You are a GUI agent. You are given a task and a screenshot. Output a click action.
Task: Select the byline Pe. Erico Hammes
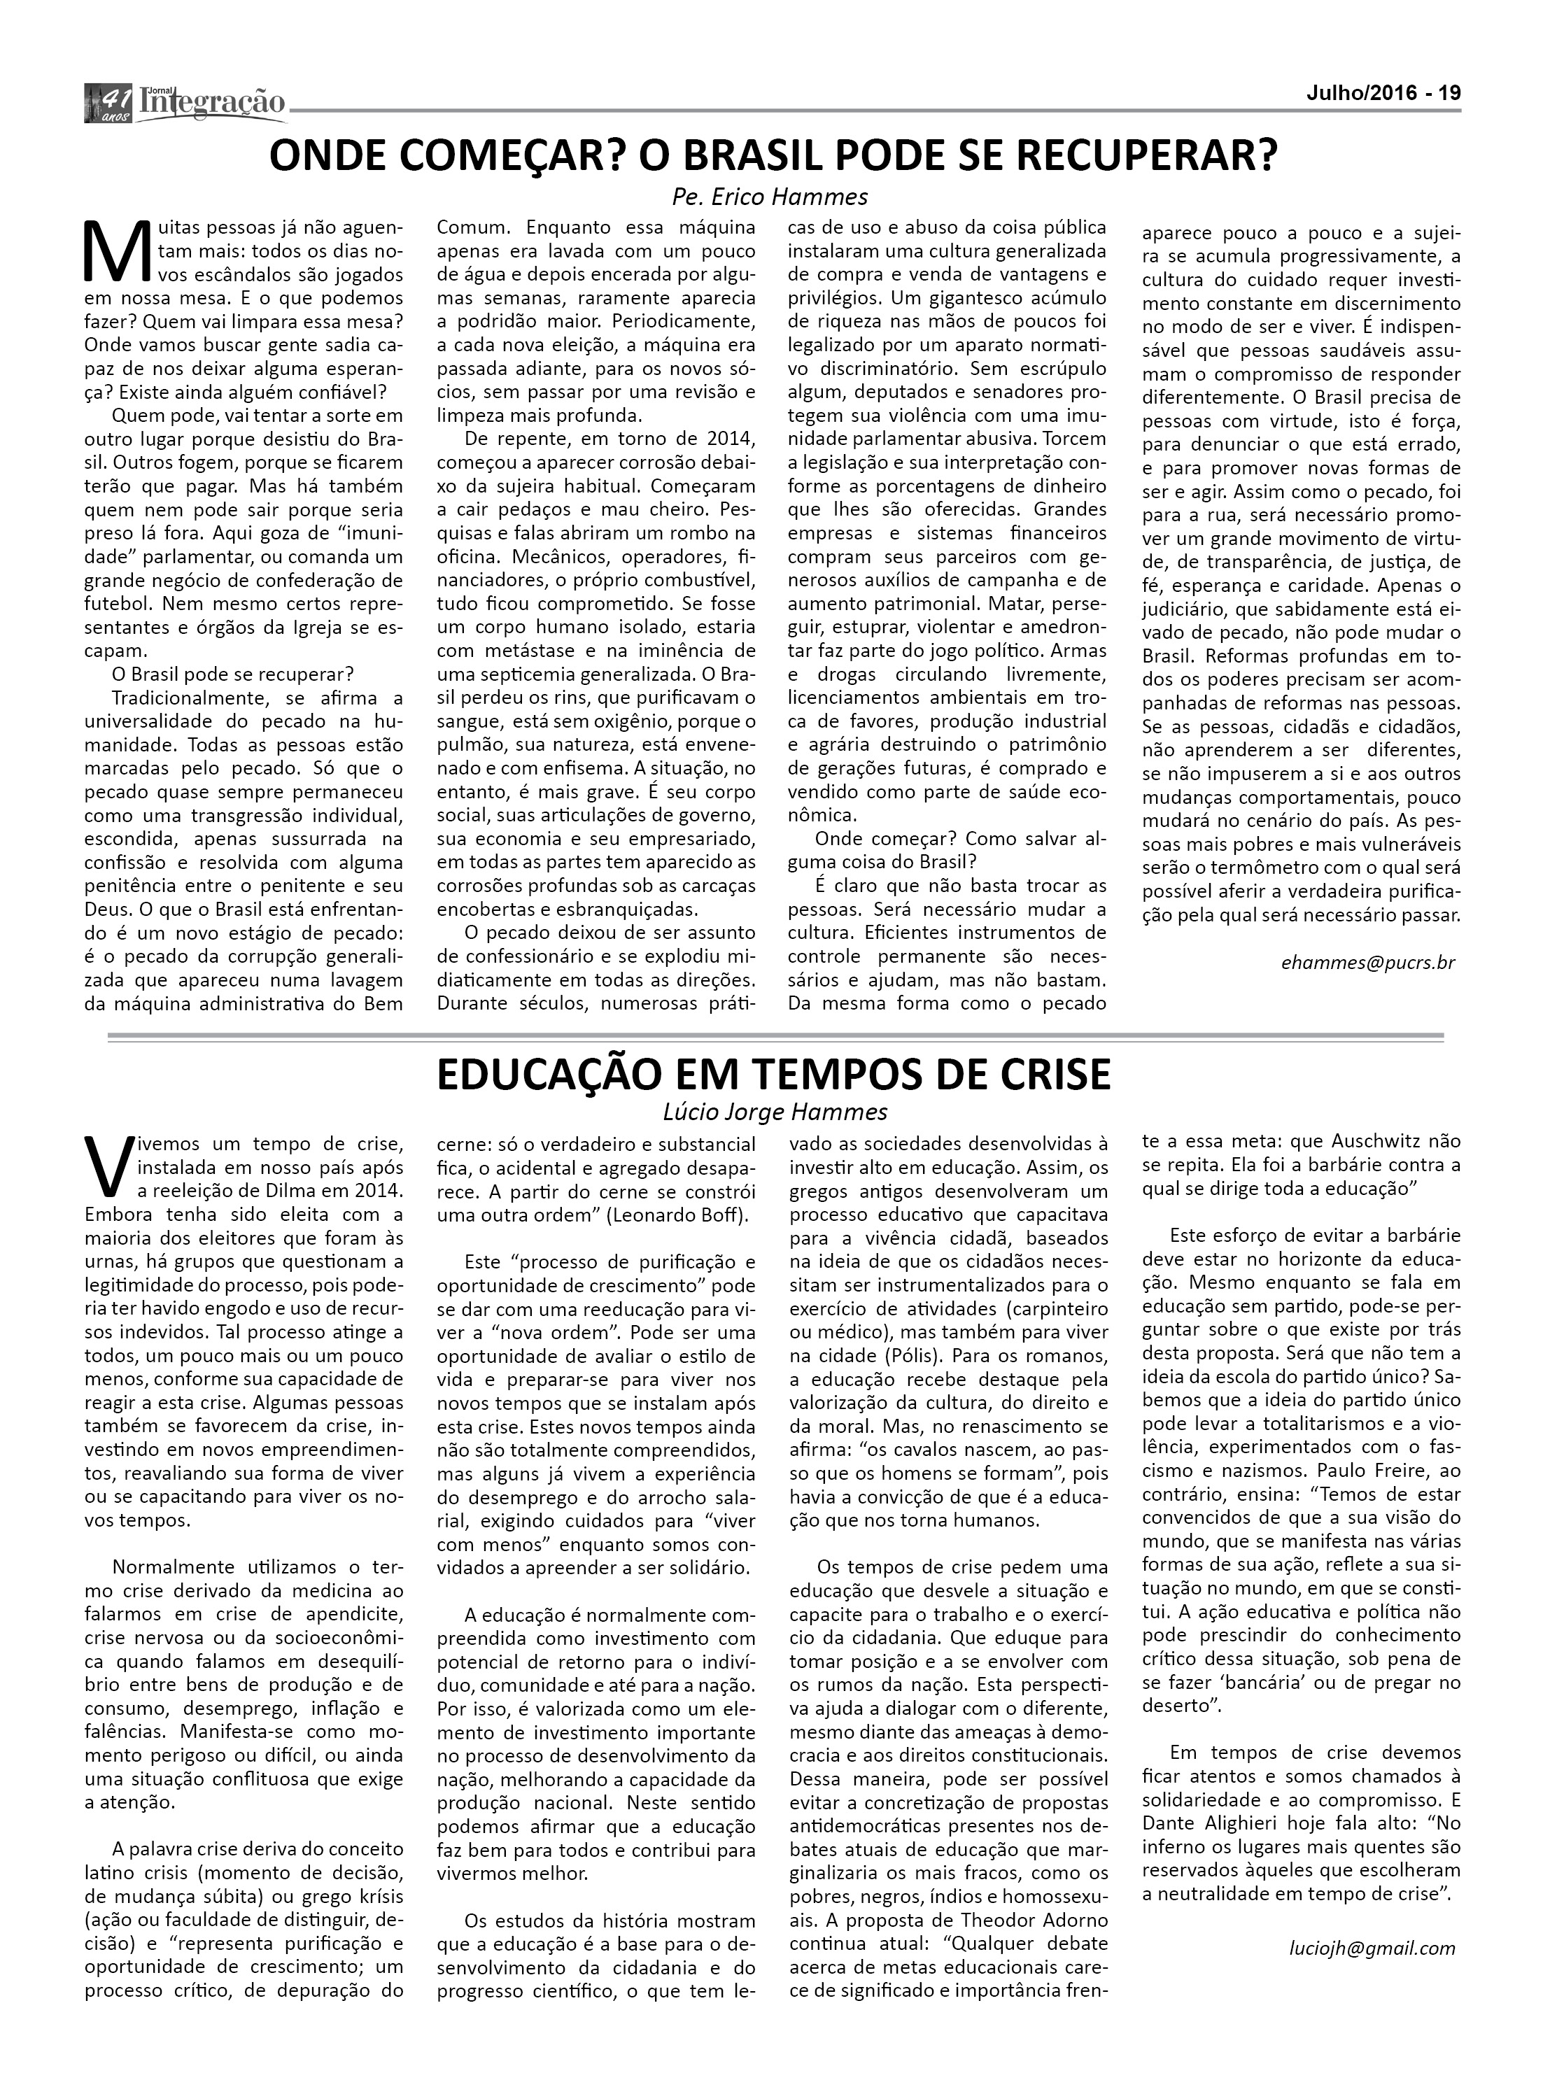click(768, 197)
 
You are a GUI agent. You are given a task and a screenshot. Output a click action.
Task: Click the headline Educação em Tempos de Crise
click(775, 1075)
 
